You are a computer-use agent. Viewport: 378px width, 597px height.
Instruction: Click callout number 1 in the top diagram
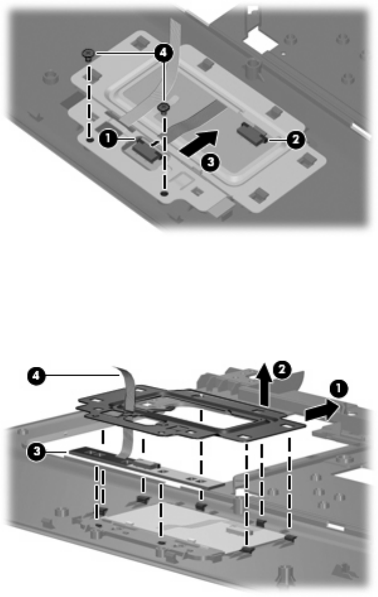[108, 139]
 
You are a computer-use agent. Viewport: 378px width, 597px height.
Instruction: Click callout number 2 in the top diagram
[296, 140]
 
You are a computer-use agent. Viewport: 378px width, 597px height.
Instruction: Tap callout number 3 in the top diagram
[210, 162]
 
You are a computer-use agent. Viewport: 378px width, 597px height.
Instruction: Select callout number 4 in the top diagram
[163, 53]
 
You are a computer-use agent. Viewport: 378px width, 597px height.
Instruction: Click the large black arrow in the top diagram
[199, 143]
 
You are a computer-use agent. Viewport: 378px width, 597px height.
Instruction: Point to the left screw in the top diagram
[88, 54]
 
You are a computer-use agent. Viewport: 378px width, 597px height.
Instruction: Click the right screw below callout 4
[164, 108]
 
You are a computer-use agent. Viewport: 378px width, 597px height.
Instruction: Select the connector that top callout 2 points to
[251, 133]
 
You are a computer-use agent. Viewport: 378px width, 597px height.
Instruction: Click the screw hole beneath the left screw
[89, 140]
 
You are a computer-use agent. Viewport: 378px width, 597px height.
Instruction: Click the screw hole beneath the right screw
[164, 194]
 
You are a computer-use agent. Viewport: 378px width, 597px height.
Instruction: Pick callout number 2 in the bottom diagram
[282, 369]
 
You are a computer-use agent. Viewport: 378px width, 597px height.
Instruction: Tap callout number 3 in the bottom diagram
[36, 452]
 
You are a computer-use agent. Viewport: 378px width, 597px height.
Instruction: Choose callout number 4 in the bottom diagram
[36, 376]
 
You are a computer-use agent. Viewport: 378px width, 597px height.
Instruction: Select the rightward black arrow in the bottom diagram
[321, 412]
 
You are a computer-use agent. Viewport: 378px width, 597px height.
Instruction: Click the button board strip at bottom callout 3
[145, 467]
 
